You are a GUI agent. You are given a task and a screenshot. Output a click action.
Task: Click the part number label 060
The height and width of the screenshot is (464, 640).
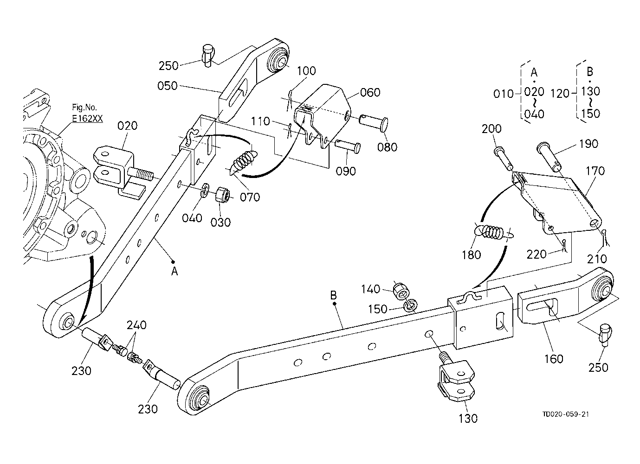coord(370,92)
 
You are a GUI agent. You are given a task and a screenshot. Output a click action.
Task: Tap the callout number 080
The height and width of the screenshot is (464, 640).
coord(387,147)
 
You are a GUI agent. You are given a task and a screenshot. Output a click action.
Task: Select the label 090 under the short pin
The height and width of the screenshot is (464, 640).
coord(346,171)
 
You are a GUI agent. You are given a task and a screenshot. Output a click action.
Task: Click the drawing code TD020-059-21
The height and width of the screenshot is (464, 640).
coord(566,414)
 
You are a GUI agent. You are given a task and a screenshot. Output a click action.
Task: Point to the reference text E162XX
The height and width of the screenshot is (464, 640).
coord(87,118)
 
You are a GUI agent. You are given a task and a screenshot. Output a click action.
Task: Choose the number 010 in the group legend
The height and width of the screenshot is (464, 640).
coord(504,94)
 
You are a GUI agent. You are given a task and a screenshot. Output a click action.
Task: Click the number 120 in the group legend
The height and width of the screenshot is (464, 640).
coord(560,93)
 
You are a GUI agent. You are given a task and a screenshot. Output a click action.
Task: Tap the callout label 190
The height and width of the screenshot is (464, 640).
coord(588,144)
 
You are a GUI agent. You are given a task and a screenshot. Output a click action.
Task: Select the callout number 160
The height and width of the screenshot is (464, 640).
coord(554,359)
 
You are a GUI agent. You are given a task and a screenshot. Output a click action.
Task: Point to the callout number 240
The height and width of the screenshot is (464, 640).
coord(136,325)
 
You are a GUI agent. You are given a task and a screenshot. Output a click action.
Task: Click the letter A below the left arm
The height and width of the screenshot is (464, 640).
coord(175,271)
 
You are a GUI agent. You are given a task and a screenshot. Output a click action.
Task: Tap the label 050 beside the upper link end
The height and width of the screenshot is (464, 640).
coord(168,86)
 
